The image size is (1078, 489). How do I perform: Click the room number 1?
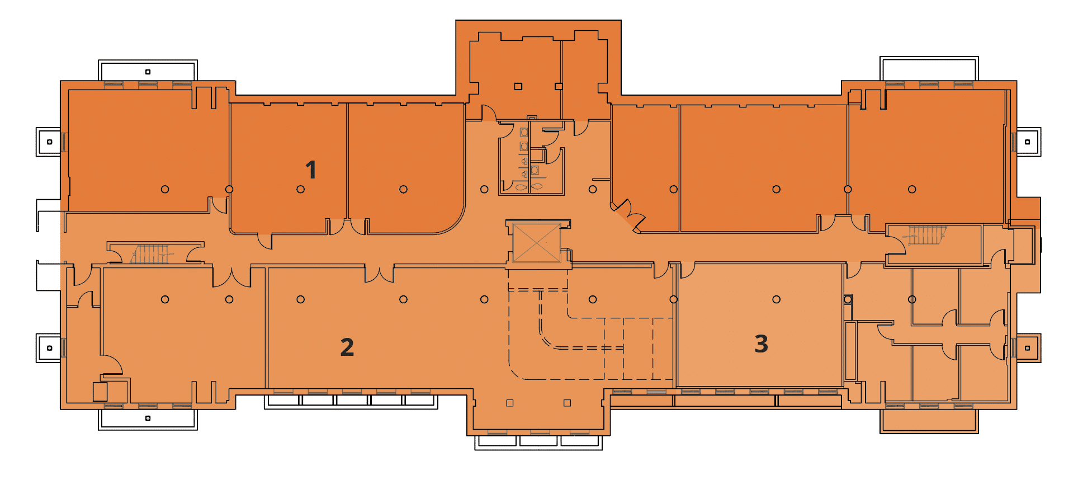point(311,170)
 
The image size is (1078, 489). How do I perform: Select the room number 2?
point(347,347)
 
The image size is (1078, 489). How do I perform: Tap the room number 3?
point(761,344)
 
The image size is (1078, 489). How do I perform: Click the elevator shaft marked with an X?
point(537,242)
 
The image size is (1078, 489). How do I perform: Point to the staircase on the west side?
point(151,253)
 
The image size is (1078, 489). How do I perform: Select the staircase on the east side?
point(925,236)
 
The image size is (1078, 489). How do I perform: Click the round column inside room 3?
point(776,299)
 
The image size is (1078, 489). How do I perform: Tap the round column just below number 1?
point(300,189)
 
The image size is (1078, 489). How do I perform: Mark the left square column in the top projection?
point(518,86)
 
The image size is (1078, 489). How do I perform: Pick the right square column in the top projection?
point(559,86)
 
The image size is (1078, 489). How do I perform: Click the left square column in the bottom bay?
point(509,403)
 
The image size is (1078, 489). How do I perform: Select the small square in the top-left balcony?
point(148,72)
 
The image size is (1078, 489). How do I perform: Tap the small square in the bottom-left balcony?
point(148,418)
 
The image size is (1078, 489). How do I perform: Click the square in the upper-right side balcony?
point(1027,142)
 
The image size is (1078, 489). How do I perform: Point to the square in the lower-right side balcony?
point(1027,348)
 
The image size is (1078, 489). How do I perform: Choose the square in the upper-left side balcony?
point(50,142)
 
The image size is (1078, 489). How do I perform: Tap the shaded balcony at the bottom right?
point(929,421)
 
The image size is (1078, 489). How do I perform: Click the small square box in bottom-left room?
point(100,392)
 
